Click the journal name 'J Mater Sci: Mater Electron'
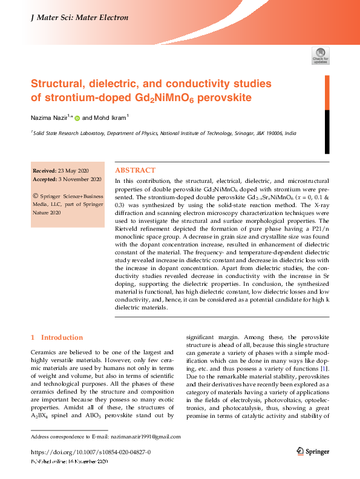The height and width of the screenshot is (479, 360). [79, 18]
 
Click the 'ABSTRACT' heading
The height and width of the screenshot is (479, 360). [135, 171]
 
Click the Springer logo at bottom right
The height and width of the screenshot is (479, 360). [312, 452]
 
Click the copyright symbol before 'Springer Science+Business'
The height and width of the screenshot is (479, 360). [36, 196]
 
